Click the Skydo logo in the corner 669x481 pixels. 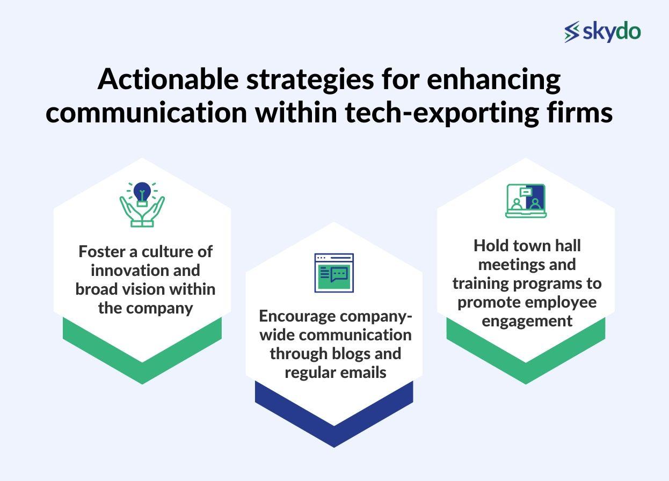coord(602,32)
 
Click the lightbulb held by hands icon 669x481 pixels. coord(142,204)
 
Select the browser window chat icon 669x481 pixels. coord(334,273)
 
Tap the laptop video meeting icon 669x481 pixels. coord(526,201)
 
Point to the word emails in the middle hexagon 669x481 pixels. coord(363,373)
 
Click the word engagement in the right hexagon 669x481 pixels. coord(526,321)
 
